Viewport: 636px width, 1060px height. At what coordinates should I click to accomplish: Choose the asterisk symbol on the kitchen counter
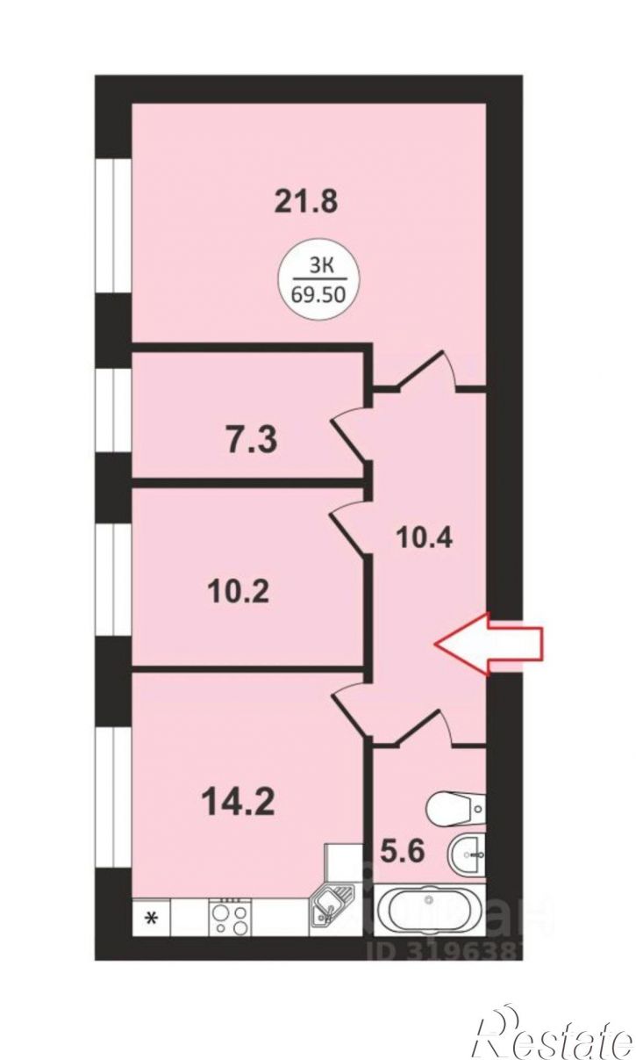[151, 919]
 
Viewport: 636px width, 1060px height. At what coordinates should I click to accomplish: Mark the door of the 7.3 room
[351, 431]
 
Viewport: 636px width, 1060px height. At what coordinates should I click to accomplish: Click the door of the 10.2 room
[349, 523]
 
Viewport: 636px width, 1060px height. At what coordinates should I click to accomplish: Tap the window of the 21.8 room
[112, 225]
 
